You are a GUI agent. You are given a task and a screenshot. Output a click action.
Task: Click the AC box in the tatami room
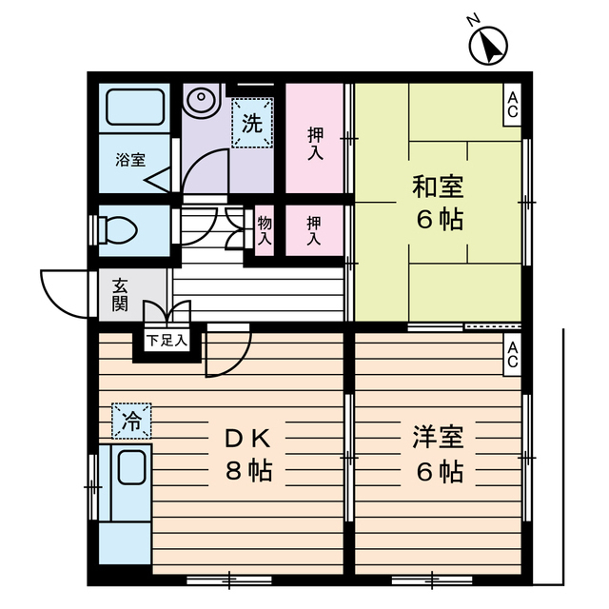point(512,106)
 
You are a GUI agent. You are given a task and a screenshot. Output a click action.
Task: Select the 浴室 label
point(130,159)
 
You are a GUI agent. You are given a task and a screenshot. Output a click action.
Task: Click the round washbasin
point(202,98)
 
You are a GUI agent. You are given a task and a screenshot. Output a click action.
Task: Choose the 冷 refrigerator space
point(131,420)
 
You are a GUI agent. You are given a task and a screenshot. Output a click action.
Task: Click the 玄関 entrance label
point(120,294)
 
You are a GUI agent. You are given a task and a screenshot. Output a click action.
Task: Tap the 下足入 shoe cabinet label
point(167,338)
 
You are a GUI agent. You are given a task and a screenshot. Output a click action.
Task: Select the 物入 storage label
point(264,231)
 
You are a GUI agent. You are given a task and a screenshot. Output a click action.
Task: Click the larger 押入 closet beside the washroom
point(314,136)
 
